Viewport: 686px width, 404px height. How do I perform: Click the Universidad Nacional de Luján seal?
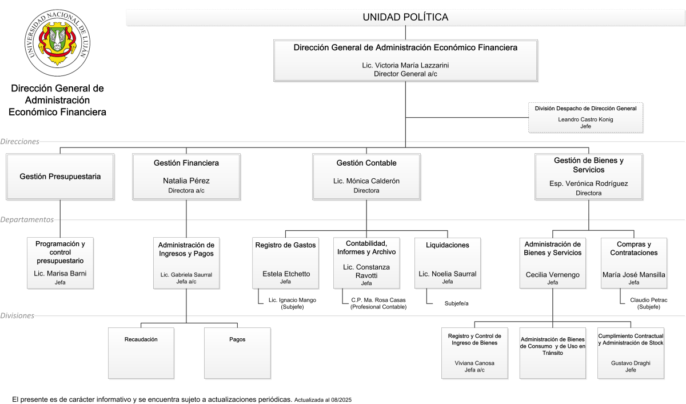(x=57, y=42)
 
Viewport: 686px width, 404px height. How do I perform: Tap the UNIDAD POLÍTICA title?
(x=405, y=17)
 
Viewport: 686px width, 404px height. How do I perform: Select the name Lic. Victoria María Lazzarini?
(x=405, y=65)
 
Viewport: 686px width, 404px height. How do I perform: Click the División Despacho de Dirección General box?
(x=585, y=118)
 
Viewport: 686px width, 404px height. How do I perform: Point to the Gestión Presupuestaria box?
(x=60, y=177)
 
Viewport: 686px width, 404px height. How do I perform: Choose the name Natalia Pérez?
(x=186, y=181)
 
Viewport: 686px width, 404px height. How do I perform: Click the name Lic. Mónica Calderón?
(x=366, y=181)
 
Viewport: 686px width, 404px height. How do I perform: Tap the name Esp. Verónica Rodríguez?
(x=589, y=183)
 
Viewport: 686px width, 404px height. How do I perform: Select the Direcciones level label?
(x=19, y=141)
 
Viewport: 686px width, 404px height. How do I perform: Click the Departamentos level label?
(x=27, y=219)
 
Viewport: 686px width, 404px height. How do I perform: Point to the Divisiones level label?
(x=17, y=315)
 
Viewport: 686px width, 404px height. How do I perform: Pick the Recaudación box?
(x=141, y=353)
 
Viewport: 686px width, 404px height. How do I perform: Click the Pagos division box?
(x=237, y=353)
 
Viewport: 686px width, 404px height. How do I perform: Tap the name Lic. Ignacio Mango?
(x=292, y=300)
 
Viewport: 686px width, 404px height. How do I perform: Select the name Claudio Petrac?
(x=649, y=300)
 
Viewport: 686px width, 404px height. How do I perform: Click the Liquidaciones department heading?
(x=448, y=245)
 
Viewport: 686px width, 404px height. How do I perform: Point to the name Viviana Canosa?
(x=474, y=363)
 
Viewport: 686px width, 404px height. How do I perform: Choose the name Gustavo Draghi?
(x=631, y=363)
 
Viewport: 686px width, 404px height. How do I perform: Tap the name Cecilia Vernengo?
(x=552, y=274)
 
